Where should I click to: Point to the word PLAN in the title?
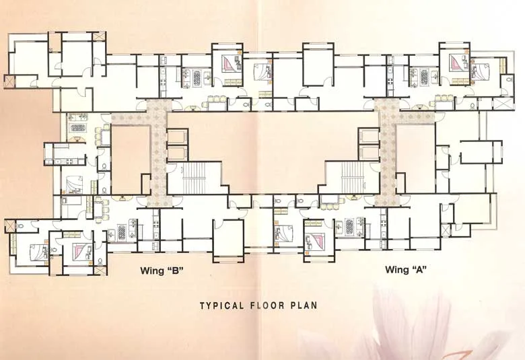tap(304, 305)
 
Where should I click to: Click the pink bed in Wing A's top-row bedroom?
tap(460, 65)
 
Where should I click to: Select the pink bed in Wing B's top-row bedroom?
tap(232, 65)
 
